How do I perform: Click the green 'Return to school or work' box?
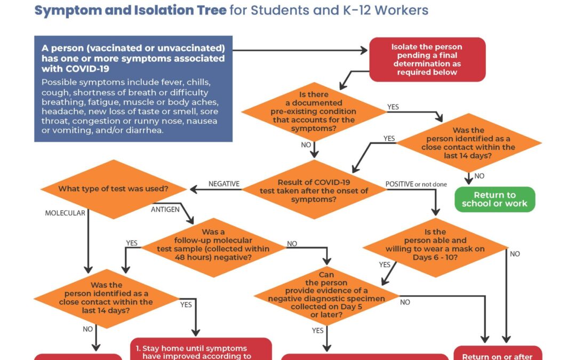coord(494,199)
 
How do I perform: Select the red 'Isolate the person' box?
coord(427,59)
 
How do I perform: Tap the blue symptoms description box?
coord(133,89)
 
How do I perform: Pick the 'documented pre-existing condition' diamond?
coord(314,111)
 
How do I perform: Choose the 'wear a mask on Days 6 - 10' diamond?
coord(435,247)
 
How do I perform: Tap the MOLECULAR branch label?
coord(65,213)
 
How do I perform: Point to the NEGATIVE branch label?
coord(224,184)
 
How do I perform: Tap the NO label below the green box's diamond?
coord(479,176)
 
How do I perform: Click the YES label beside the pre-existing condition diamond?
coord(393,107)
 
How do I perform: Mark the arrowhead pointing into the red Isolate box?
coord(365,51)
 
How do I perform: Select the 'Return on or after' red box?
coord(498,354)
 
